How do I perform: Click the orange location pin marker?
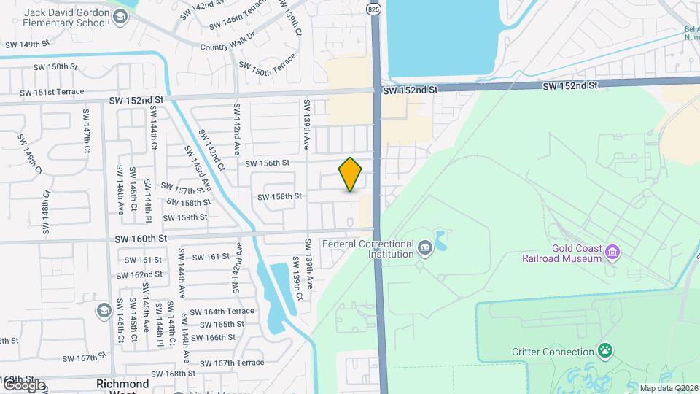(351, 174)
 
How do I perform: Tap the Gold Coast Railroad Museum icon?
(612, 252)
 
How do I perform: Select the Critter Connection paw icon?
(605, 351)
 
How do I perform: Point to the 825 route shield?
(374, 9)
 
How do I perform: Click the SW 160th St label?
(141, 238)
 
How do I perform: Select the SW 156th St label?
(268, 163)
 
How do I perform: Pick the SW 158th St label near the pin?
(279, 196)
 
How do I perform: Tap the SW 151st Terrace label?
(52, 92)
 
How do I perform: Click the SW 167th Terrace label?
(231, 363)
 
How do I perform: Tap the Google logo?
(24, 385)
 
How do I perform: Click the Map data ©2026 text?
(668, 388)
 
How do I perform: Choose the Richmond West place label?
(122, 387)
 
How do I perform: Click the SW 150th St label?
(55, 66)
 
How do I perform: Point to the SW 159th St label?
(185, 217)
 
